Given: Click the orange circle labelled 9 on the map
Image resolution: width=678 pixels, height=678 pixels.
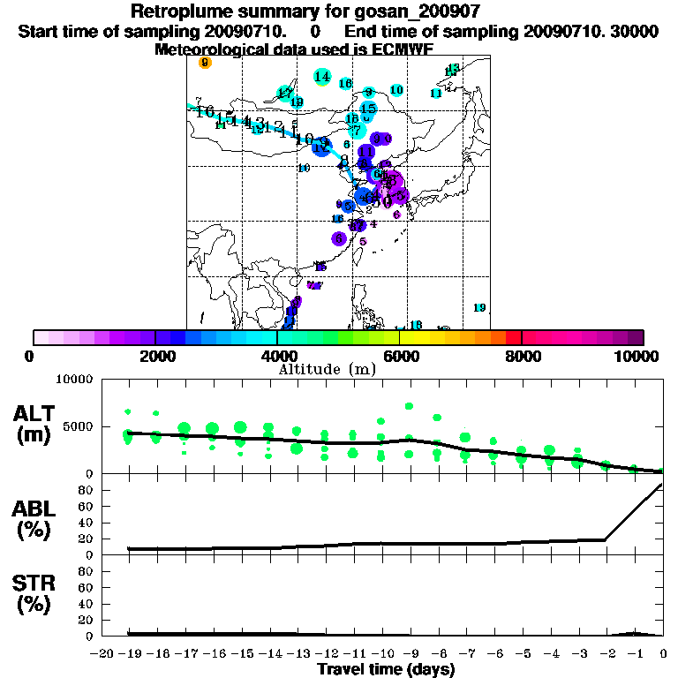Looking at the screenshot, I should click(x=205, y=63).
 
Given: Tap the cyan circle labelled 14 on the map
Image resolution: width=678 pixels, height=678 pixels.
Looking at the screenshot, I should click(x=322, y=78).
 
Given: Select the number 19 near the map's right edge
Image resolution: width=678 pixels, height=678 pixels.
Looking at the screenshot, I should click(x=479, y=307).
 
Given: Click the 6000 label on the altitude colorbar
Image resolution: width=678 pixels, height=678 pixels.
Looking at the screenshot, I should click(x=400, y=356).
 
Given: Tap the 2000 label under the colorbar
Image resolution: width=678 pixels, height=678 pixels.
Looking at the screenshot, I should click(x=155, y=356).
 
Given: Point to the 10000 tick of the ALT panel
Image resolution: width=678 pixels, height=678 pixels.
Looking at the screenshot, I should click(x=74, y=379).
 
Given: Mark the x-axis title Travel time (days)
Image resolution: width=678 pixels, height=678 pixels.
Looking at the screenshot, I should click(x=386, y=669).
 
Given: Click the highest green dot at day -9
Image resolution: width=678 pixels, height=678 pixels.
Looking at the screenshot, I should click(x=409, y=407).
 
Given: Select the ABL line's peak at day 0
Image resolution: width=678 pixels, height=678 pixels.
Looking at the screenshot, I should click(x=662, y=484).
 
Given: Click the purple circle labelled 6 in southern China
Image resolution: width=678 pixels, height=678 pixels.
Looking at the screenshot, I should click(x=340, y=238).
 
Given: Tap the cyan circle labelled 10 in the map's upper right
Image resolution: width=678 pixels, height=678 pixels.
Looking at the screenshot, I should click(x=396, y=90).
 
